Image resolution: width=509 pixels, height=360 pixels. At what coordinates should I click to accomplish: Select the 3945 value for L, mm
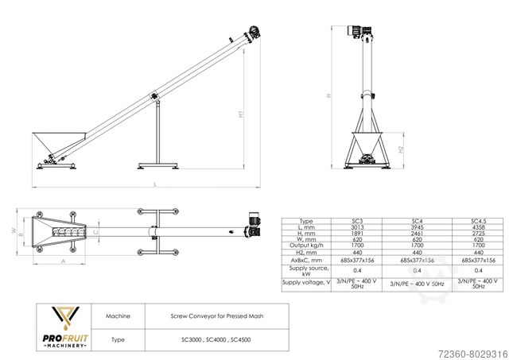click(x=416, y=226)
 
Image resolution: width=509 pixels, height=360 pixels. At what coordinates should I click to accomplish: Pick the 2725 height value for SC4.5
click(x=478, y=234)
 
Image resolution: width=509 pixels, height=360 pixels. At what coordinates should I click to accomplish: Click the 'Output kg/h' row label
click(x=305, y=246)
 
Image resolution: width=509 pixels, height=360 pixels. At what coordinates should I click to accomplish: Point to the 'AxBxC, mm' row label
click(x=305, y=260)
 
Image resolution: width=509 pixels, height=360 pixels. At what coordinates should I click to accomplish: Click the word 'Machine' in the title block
click(x=118, y=315)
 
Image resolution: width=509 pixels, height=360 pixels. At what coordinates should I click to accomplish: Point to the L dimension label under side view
click(x=154, y=184)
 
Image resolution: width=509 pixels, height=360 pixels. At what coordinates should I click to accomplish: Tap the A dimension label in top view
click(x=62, y=261)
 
